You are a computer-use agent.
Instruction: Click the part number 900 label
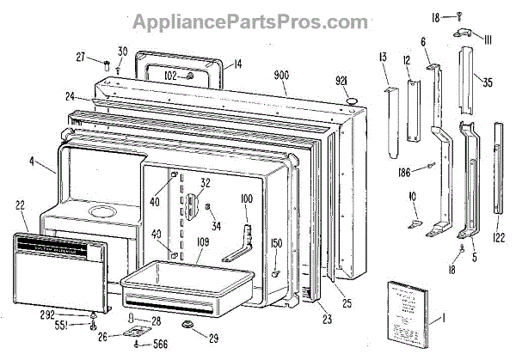point(280,75)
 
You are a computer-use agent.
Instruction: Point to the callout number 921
point(344,81)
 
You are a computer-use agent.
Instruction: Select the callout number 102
point(171,76)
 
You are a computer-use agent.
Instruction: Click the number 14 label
point(237,63)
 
